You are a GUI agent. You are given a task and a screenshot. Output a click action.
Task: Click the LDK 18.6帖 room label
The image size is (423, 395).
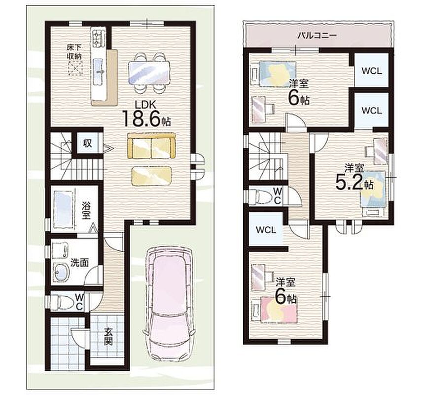pyautogui.click(x=147, y=114)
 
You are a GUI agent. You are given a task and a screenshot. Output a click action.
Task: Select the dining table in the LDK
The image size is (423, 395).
pyautogui.click(x=149, y=72)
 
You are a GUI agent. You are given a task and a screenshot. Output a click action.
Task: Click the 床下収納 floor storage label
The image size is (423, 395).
pyautogui.click(x=74, y=52)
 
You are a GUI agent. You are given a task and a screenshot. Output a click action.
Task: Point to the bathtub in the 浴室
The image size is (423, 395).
pyautogui.click(x=64, y=209)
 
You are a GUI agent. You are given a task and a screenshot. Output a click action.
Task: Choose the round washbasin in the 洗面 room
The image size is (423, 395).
pyautogui.click(x=62, y=272)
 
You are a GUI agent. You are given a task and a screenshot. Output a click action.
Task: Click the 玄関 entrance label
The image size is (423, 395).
pyautogui.click(x=108, y=336)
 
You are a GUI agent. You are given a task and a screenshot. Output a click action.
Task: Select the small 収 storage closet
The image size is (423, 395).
pyautogui.click(x=87, y=143)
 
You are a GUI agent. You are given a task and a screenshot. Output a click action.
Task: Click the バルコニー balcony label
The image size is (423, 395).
pyautogui.click(x=317, y=36)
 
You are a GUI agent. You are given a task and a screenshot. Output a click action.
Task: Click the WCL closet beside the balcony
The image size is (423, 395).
pyautogui.click(x=371, y=70)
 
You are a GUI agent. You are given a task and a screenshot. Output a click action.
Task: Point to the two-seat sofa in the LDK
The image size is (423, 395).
pyautogui.click(x=151, y=146)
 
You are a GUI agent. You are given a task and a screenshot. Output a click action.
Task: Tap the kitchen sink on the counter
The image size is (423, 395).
pyautogui.click(x=98, y=70)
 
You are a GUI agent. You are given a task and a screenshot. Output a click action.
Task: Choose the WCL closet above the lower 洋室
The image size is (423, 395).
pyautogui.click(x=265, y=230)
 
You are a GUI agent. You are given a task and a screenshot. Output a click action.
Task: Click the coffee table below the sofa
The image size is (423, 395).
pyautogui.click(x=151, y=176)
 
